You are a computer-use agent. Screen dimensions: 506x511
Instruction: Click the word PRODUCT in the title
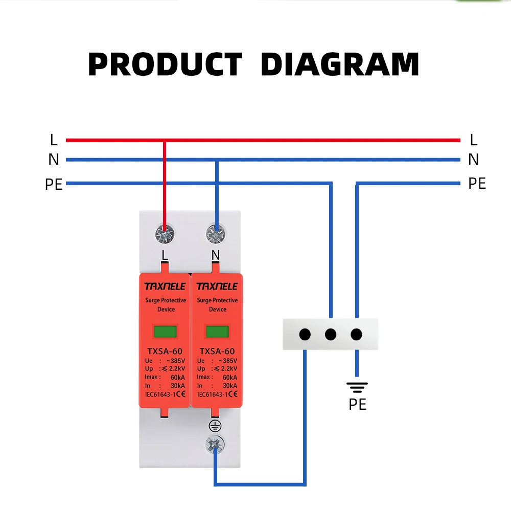[x=165, y=65]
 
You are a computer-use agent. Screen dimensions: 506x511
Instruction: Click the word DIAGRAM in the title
[x=340, y=65]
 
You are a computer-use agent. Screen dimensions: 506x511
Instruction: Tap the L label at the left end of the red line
[x=54, y=140]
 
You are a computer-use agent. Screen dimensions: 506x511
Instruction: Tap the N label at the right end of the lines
[x=473, y=160]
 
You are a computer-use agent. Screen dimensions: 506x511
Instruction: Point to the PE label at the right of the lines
[x=477, y=183]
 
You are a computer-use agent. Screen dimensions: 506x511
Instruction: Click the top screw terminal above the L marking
[x=165, y=234]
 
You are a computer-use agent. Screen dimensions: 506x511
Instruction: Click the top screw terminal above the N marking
[x=216, y=234]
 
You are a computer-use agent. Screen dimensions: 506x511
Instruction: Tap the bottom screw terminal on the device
[x=216, y=445]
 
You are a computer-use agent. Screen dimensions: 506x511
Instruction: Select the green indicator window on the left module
[x=165, y=331]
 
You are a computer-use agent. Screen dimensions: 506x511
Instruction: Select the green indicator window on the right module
[x=217, y=331]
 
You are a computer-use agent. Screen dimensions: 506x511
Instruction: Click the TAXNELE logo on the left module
[x=165, y=286]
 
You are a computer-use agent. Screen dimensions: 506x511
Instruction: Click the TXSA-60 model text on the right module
[x=217, y=351]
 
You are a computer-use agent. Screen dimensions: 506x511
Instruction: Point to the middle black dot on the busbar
[x=331, y=335]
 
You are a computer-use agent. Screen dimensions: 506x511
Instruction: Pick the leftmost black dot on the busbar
[x=305, y=335]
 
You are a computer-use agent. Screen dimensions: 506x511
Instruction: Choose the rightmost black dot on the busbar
[x=356, y=335]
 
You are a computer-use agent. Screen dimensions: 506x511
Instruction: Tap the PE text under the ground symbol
[x=357, y=405]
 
